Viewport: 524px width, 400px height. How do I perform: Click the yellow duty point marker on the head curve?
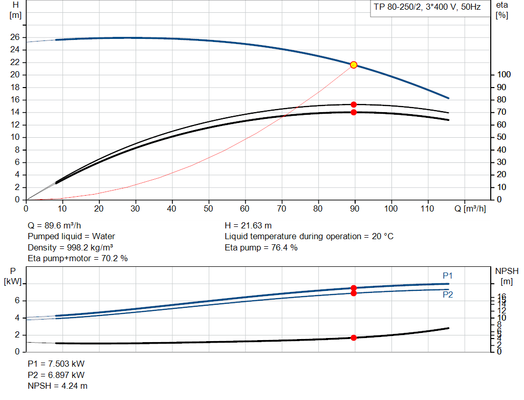coord(353,65)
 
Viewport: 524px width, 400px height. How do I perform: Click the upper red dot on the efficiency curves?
coord(353,104)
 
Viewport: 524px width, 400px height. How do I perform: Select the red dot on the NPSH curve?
coord(353,338)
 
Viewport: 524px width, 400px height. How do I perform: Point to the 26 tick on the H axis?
coord(15,37)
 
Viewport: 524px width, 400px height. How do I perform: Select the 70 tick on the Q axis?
coord(281,208)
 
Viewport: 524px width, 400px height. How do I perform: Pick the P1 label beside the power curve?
coord(447,276)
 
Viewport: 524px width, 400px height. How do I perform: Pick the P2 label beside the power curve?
coord(447,295)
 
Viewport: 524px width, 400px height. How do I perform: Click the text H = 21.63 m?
coord(248,225)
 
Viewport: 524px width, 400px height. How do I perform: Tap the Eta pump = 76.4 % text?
coord(261,247)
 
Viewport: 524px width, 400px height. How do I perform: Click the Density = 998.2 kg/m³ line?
coord(70,247)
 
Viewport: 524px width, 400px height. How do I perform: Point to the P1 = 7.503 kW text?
coord(56,364)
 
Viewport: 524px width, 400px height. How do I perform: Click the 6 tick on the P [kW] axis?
coord(17,301)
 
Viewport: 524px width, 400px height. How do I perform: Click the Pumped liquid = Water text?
coord(71,236)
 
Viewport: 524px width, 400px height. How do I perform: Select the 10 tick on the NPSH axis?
coord(502,318)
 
